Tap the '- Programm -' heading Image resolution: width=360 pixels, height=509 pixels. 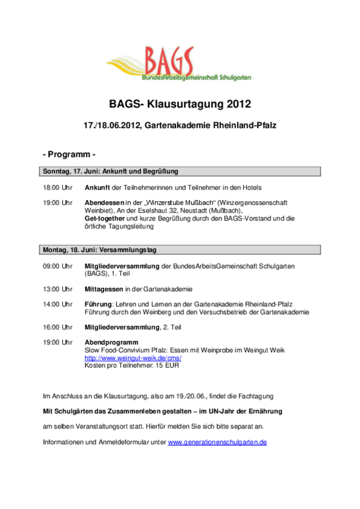(69, 154)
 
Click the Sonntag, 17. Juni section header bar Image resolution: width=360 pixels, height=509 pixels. (181, 171)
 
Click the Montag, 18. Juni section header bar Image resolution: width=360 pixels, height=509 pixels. (181, 249)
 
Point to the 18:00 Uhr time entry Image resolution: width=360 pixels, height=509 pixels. (58, 187)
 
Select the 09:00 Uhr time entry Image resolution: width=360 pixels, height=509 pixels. (58, 266)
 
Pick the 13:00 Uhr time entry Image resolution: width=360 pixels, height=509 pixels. (58, 289)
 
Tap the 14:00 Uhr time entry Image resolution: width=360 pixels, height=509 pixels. (58, 304)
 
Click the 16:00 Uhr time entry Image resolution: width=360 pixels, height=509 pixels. (58, 327)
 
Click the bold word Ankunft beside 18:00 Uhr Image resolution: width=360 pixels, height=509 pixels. (97, 187)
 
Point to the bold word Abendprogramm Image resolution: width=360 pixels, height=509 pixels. (112, 342)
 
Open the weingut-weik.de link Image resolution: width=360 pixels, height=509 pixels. (133, 358)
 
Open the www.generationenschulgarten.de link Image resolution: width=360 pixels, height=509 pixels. (217, 442)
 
